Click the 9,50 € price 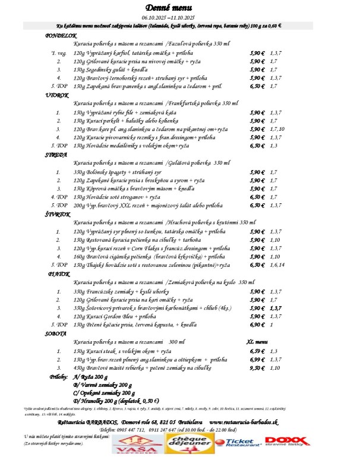tap(257, 368)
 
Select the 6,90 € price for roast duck tap(257, 325)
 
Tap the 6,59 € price tap(257, 351)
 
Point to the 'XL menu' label tap(258, 342)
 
